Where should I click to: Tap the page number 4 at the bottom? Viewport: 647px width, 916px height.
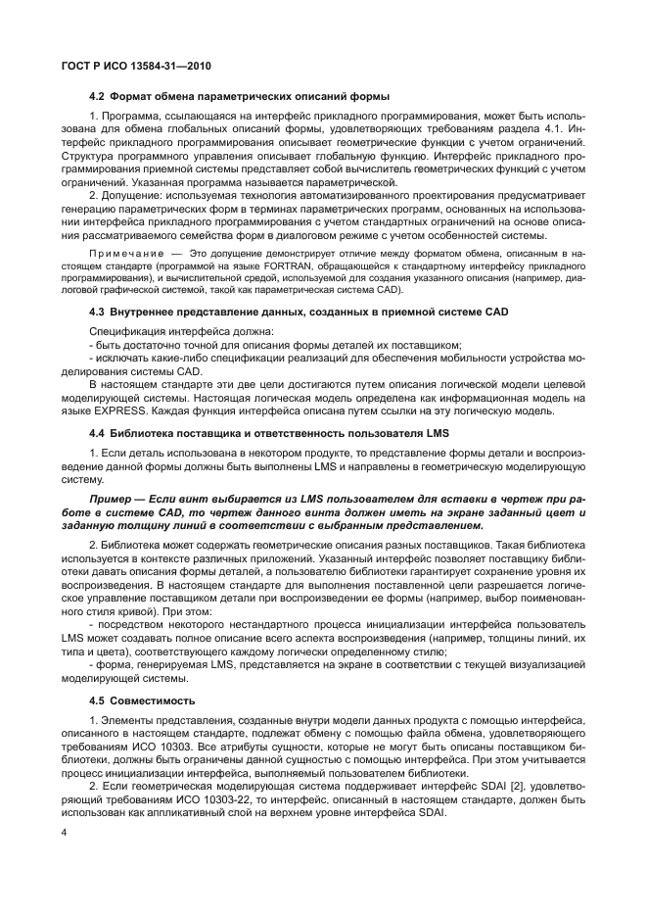(x=64, y=833)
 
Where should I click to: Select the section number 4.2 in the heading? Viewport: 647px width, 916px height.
(x=97, y=96)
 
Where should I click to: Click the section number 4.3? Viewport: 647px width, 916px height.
(x=97, y=311)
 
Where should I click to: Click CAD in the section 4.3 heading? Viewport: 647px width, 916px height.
(x=497, y=311)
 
